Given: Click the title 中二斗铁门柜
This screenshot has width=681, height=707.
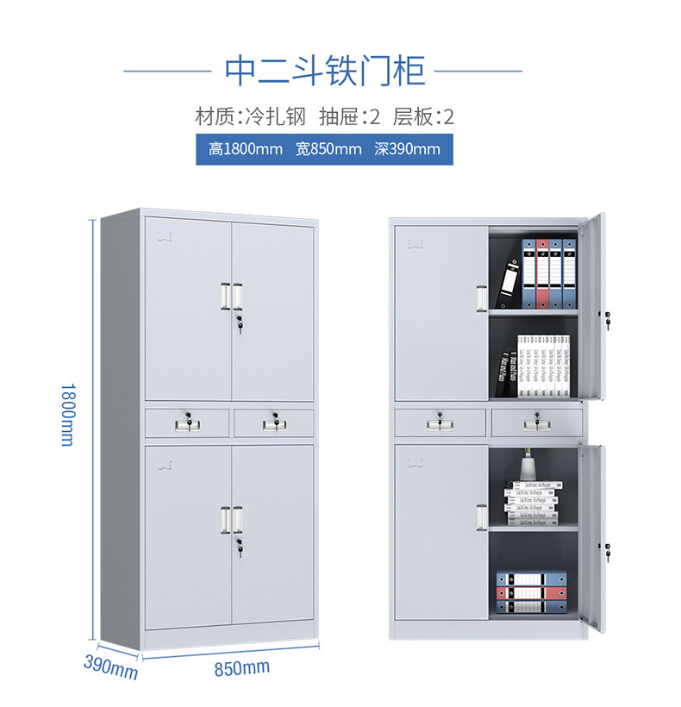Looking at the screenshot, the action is tap(325, 71).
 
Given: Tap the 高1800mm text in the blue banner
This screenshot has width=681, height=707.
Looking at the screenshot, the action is tap(246, 149).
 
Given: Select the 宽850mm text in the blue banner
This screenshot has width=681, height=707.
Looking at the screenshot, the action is tap(328, 149).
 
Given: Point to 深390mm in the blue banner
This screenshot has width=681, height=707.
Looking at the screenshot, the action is tap(407, 149).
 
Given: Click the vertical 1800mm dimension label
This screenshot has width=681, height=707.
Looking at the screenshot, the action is tap(67, 414).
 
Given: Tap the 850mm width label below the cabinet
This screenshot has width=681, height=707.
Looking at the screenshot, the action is tap(242, 667).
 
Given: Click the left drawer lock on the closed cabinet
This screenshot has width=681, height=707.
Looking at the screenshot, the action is tap(185, 422).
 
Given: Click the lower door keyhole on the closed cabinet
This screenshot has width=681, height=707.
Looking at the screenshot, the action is tap(238, 545).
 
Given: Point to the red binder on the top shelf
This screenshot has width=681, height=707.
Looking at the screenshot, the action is tap(542, 273).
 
